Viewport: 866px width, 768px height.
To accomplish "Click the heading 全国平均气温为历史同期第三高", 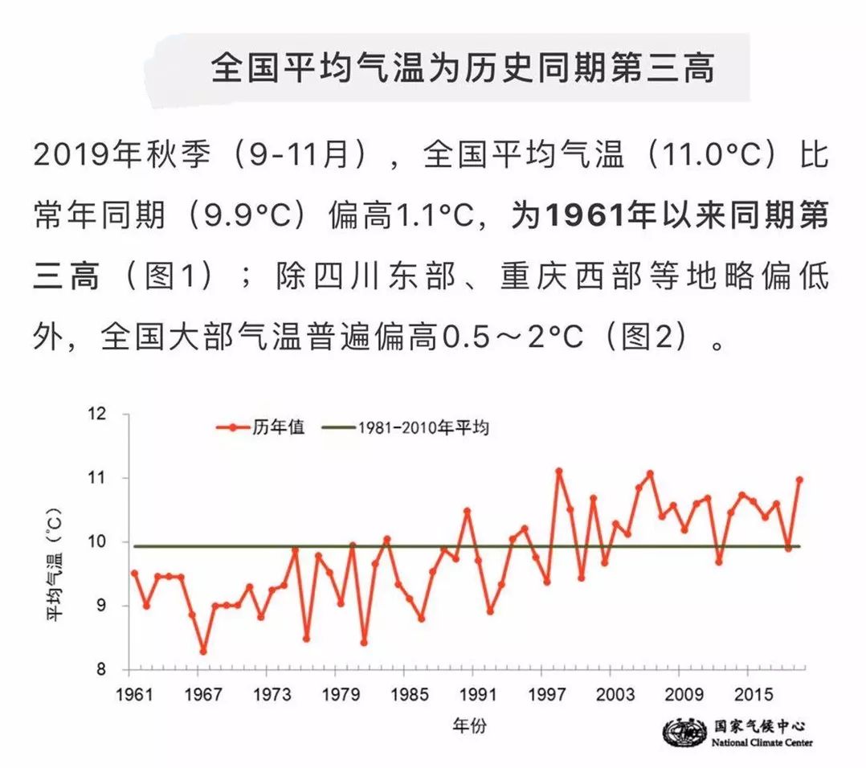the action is [463, 68].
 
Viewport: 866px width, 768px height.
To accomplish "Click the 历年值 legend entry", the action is [260, 427].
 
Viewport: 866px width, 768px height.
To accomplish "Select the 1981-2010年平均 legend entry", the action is [406, 427].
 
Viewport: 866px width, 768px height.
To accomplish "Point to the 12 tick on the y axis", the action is [96, 414].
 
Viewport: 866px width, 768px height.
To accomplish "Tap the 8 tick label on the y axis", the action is [100, 669].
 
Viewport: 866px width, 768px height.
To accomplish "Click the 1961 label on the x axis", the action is [134, 694].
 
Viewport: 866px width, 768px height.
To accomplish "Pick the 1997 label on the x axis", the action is [547, 694].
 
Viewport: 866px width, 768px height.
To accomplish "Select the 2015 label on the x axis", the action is [754, 694].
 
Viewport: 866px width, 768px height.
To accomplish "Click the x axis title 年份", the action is [469, 725].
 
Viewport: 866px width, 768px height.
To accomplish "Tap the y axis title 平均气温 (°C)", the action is [54, 564].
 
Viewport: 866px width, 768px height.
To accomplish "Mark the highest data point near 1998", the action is [559, 471].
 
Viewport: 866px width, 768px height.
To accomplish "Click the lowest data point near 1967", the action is [203, 652].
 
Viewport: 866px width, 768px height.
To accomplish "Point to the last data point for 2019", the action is [799, 480].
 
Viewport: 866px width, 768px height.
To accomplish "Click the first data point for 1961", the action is [134, 573].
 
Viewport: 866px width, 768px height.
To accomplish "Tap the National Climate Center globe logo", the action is [684, 733].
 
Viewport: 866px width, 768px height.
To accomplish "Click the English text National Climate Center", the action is [762, 742].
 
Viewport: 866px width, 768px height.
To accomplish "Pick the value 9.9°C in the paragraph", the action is [247, 214].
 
